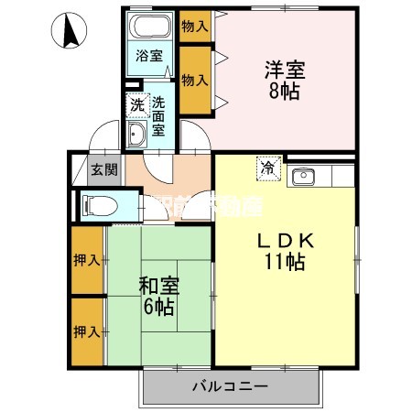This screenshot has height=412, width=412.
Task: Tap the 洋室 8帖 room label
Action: coord(284,80)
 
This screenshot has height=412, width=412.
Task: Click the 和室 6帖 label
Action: coord(159,296)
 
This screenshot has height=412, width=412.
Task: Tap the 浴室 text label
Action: coord(149,55)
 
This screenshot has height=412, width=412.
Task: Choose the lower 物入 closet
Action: coord(194,81)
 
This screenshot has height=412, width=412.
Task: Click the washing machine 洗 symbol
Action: coord(136,104)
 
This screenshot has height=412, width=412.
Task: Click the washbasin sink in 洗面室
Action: coord(136,136)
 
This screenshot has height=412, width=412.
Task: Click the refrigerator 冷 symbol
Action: coord(267,168)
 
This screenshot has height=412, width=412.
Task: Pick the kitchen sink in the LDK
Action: coord(303,175)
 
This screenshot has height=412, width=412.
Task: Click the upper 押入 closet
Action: coord(86,260)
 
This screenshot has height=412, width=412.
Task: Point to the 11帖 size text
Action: coord(285,262)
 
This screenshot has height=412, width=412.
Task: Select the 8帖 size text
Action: coord(284,90)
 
